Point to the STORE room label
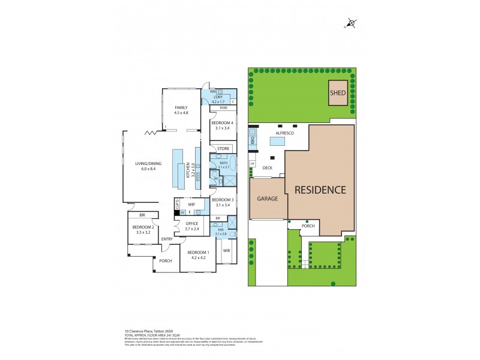coord(223,148)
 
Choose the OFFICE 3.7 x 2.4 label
coord(192,226)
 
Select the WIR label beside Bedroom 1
coord(227,250)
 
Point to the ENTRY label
coord(167,239)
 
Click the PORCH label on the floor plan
coord(166,260)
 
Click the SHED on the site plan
coord(337,93)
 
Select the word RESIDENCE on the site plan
coord(320,190)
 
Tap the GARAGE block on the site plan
coord(268,199)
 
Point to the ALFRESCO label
coord(284,132)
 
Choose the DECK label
coord(268,168)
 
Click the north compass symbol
coord(350,25)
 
